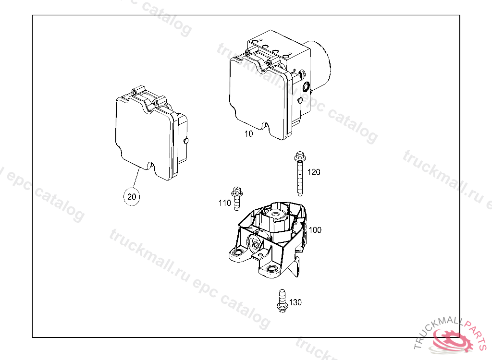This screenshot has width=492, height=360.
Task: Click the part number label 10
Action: click(248, 134)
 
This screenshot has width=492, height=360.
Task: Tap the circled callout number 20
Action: click(131, 196)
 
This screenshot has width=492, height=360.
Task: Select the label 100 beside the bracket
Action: click(315, 230)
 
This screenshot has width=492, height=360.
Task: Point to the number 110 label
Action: click(224, 203)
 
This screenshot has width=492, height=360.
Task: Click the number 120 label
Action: click(314, 172)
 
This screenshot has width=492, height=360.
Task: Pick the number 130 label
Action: click(295, 302)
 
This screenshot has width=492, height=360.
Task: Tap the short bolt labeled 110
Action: click(236, 198)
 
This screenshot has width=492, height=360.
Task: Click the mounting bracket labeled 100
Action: click(269, 240)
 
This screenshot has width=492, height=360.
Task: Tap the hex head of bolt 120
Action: click(298, 156)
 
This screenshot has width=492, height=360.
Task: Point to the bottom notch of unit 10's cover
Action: click(265, 126)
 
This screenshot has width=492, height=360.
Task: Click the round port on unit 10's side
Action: click(306, 87)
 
